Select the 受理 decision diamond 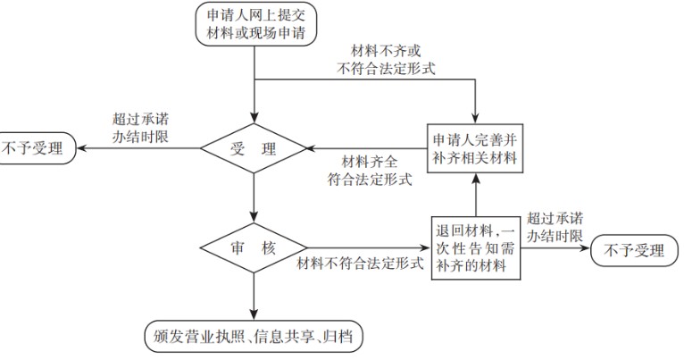pyautogui.click(x=255, y=148)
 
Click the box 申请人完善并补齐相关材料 pyautogui.click(x=473, y=148)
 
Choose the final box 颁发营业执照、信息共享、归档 pyautogui.click(x=254, y=336)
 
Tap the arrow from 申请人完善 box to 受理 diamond pyautogui.click(x=366, y=148)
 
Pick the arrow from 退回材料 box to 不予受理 pyautogui.click(x=554, y=248)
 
